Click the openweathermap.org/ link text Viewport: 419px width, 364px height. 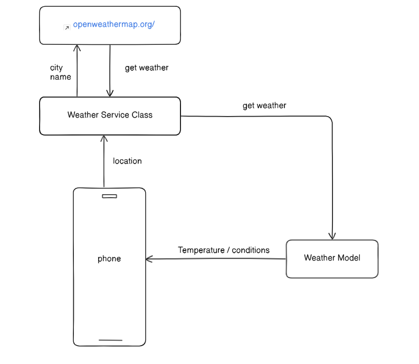113,25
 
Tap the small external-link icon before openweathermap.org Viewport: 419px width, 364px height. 66,27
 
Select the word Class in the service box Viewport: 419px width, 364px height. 142,115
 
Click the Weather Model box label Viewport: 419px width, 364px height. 332,258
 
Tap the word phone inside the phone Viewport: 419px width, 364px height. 109,258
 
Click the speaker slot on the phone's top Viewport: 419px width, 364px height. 109,196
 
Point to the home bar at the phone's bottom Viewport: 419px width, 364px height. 110,340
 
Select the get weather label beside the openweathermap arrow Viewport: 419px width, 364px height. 147,68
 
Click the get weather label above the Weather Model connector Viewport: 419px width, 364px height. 264,106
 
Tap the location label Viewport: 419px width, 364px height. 127,161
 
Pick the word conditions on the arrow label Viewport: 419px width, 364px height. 251,250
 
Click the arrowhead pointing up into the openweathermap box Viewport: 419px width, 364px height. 78,47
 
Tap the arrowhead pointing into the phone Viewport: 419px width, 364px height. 149,259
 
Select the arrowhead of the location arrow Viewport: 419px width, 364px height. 104,138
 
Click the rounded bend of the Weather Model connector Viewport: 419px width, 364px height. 329,119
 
